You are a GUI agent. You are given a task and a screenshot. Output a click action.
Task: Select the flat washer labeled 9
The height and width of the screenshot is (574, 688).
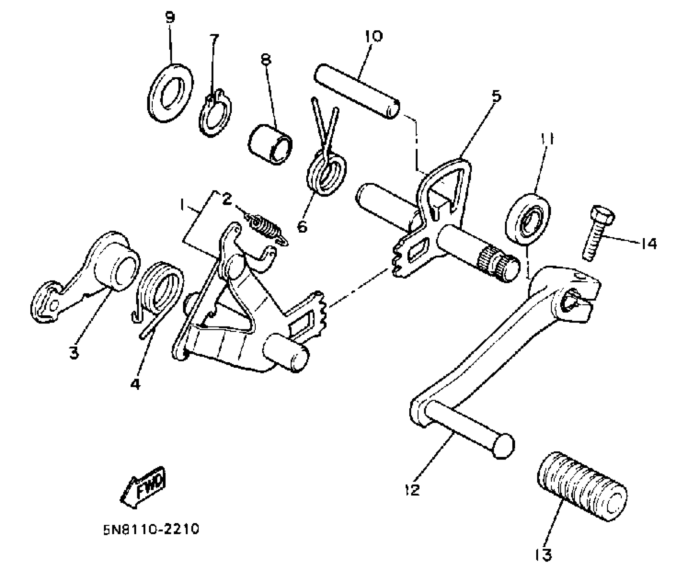click(x=171, y=92)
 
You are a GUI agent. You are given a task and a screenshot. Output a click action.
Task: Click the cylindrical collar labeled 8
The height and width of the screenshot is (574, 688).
click(x=270, y=145)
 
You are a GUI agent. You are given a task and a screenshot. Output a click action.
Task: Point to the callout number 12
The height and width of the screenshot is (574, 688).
click(x=412, y=490)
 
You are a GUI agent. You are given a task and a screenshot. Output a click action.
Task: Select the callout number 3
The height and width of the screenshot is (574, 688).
click(x=74, y=353)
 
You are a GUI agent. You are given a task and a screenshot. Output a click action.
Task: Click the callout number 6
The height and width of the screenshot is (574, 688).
click(x=302, y=227)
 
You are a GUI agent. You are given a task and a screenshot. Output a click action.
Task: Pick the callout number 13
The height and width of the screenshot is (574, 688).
click(x=543, y=555)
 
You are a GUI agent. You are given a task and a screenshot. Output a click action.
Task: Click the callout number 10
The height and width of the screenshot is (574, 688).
click(x=374, y=36)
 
